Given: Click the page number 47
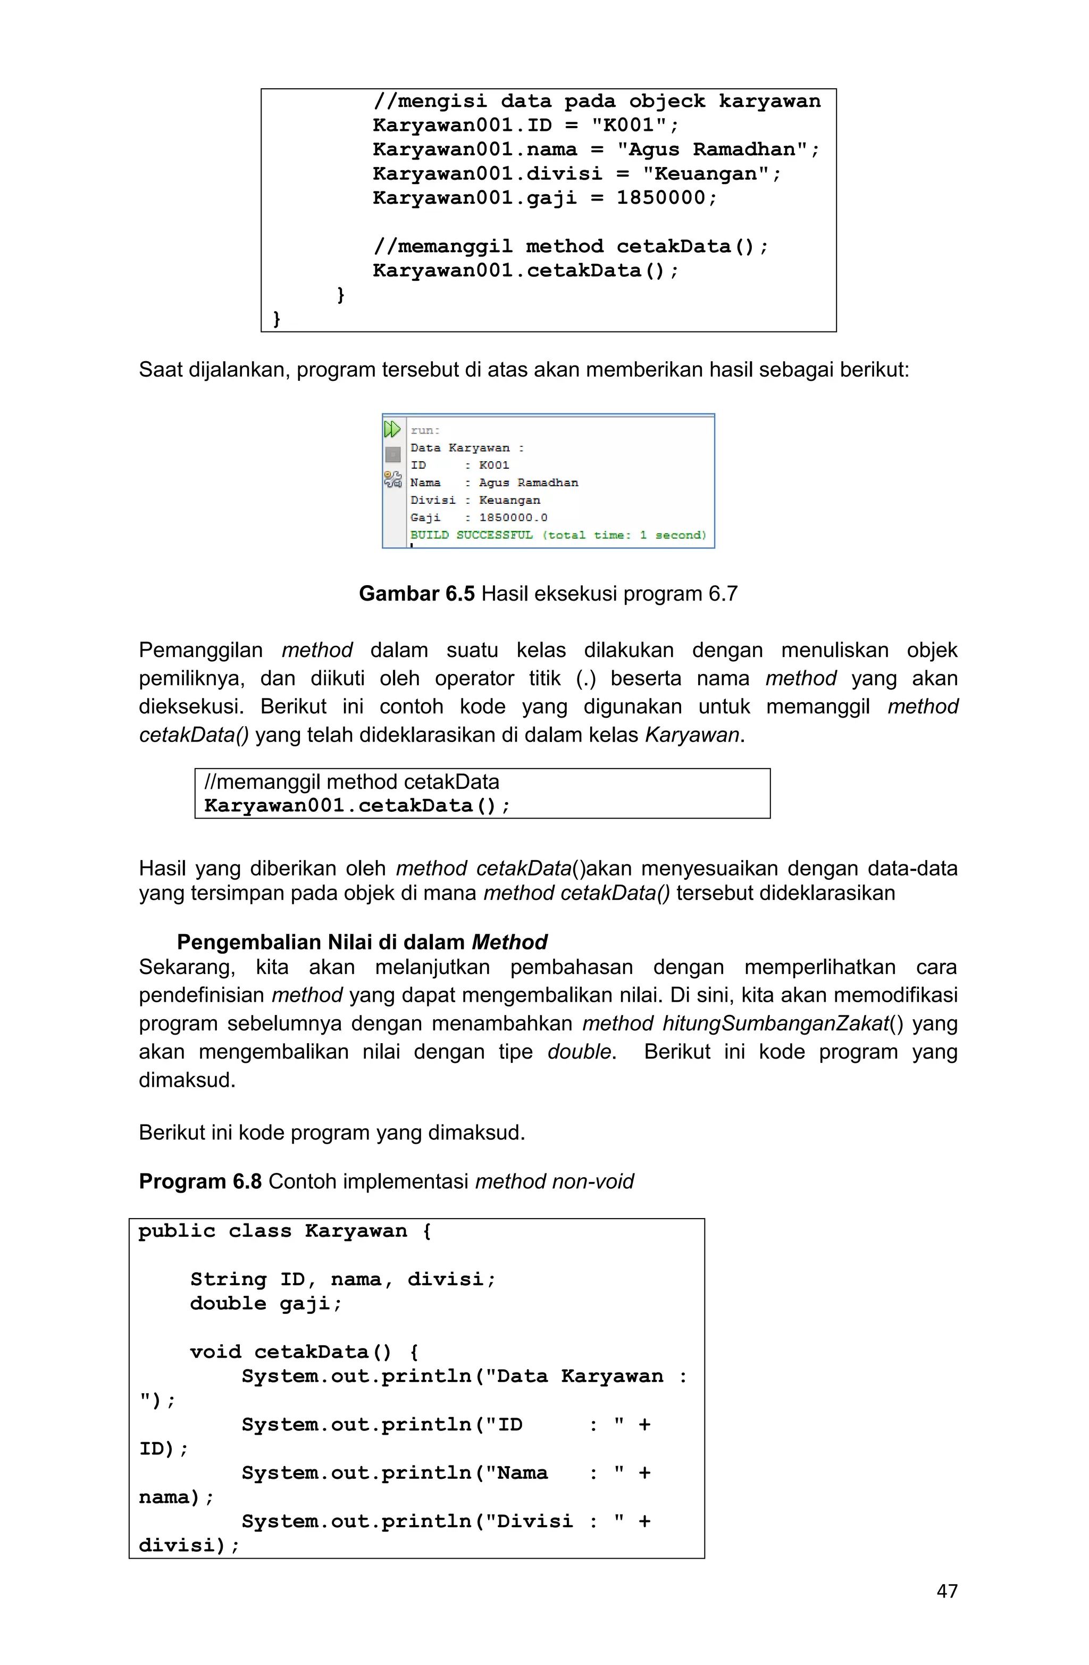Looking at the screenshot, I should click(946, 1591).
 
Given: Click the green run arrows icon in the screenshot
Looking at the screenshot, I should click(392, 429).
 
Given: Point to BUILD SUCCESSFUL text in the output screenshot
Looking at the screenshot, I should click(472, 535).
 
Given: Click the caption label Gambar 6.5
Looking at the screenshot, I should click(416, 594).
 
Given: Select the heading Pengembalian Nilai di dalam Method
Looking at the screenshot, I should click(362, 942).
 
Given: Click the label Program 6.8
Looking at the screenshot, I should click(200, 1181).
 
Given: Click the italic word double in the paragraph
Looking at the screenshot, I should click(579, 1052).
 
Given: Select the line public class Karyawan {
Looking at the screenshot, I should click(284, 1231).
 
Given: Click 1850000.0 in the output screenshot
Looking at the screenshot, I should click(513, 518).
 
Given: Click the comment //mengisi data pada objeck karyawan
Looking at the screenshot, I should click(596, 102).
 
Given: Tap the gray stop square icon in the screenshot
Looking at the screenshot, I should click(392, 455).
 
